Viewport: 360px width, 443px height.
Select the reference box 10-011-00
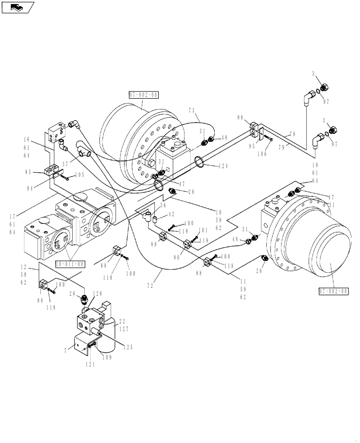(x=70, y=264)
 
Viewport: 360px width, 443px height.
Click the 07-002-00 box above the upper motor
(x=143, y=95)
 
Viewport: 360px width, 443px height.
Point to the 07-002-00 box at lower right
(x=333, y=291)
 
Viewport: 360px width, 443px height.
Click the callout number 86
(x=240, y=118)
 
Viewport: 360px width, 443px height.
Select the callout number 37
(x=66, y=164)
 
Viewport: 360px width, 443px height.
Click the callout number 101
(x=203, y=230)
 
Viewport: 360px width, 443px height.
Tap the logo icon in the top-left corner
(x=17, y=7)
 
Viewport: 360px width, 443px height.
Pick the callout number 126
(x=98, y=293)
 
